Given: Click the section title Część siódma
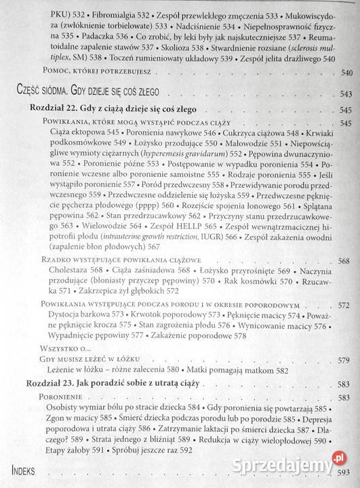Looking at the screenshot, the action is coord(43,94).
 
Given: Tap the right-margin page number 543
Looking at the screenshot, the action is coord(346,94).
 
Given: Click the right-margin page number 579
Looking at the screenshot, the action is coord(344,359).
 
